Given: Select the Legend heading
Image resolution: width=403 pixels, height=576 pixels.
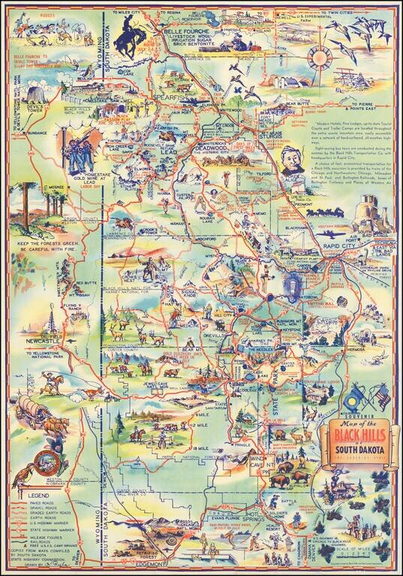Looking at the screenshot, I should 38,496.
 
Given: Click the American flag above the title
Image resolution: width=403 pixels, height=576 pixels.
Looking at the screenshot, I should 380,395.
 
